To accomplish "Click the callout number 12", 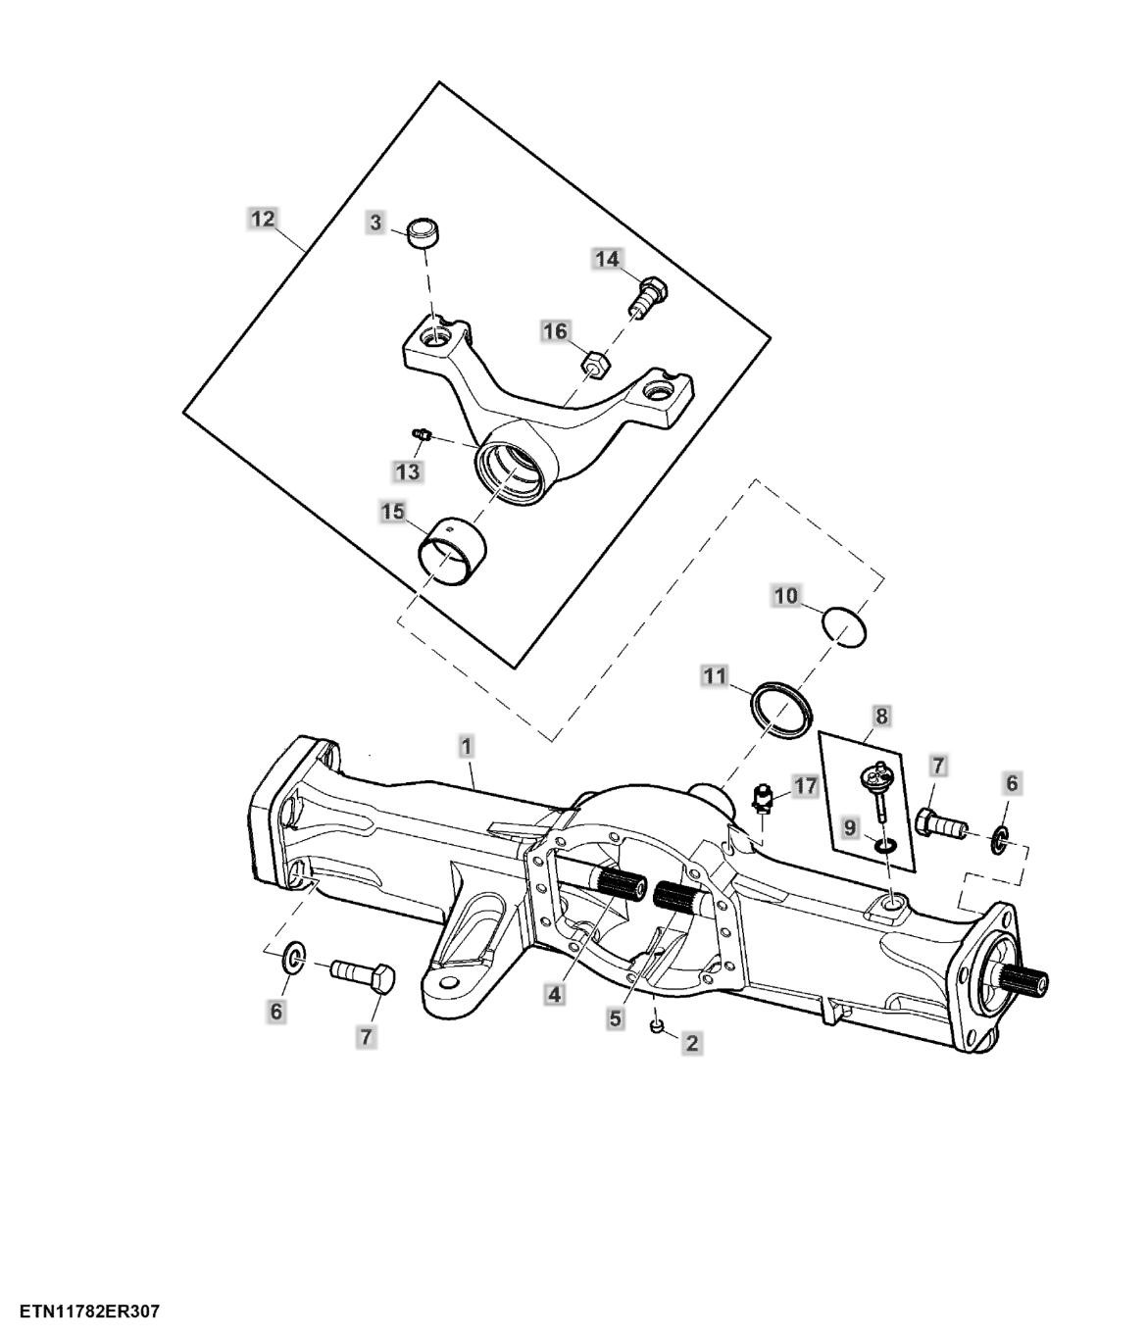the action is point(263,220).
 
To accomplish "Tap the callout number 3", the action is point(375,223).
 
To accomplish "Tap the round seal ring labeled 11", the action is point(780,710).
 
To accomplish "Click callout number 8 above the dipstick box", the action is point(881,716).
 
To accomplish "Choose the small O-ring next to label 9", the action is point(884,845).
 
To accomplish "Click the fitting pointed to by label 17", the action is point(763,800).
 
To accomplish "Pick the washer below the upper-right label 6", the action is point(1000,840).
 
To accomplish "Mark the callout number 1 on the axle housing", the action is point(466,748).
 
